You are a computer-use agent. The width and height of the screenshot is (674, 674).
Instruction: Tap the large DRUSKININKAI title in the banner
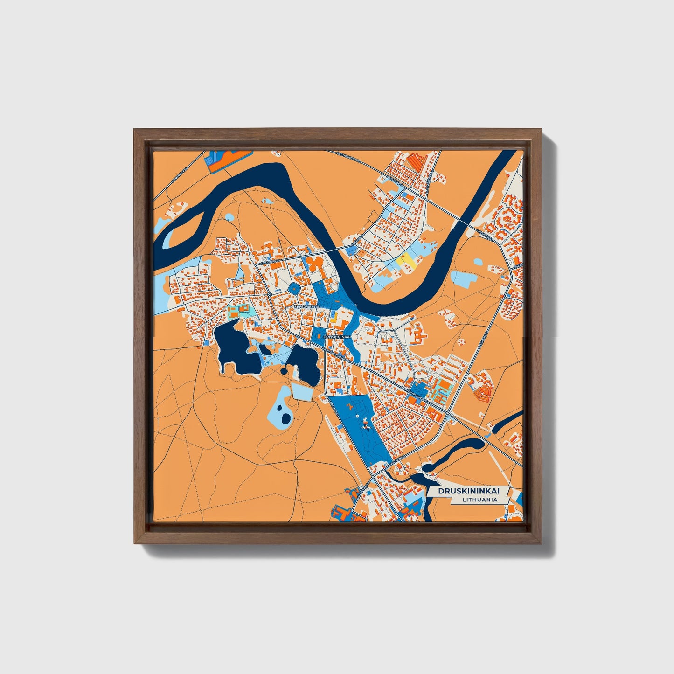(x=468, y=491)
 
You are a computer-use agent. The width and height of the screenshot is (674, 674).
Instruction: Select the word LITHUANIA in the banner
(x=480, y=500)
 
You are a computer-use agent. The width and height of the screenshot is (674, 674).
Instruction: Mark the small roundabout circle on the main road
(x=270, y=295)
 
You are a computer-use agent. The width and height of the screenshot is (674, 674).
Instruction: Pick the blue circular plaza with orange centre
(x=295, y=289)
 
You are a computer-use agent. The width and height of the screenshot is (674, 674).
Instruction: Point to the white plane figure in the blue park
(x=357, y=416)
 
